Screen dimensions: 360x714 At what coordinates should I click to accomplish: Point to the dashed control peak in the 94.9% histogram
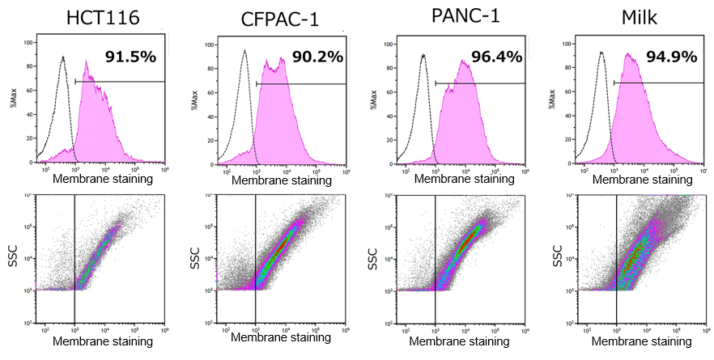click(601, 53)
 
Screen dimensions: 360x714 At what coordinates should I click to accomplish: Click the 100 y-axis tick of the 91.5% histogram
click(28, 42)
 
